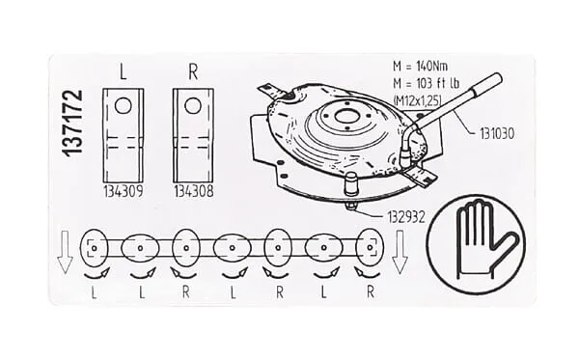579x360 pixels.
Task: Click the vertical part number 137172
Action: click(x=72, y=124)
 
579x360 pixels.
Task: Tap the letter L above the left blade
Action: click(x=123, y=72)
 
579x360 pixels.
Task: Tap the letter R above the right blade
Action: click(x=193, y=72)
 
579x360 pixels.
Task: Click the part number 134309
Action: click(x=123, y=191)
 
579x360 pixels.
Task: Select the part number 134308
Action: click(x=194, y=191)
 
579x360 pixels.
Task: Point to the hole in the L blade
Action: click(x=123, y=106)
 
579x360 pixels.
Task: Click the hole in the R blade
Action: click(x=193, y=106)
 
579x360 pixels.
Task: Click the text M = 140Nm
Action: click(x=420, y=67)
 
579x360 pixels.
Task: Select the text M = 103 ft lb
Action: click(x=426, y=83)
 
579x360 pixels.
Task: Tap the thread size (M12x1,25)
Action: click(x=417, y=100)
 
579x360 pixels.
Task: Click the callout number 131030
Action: click(x=497, y=133)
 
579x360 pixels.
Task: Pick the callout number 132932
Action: click(x=406, y=217)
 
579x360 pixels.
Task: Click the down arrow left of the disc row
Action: click(x=65, y=252)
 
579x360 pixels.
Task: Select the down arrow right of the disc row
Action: click(x=400, y=252)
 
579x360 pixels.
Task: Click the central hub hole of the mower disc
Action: click(x=346, y=117)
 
